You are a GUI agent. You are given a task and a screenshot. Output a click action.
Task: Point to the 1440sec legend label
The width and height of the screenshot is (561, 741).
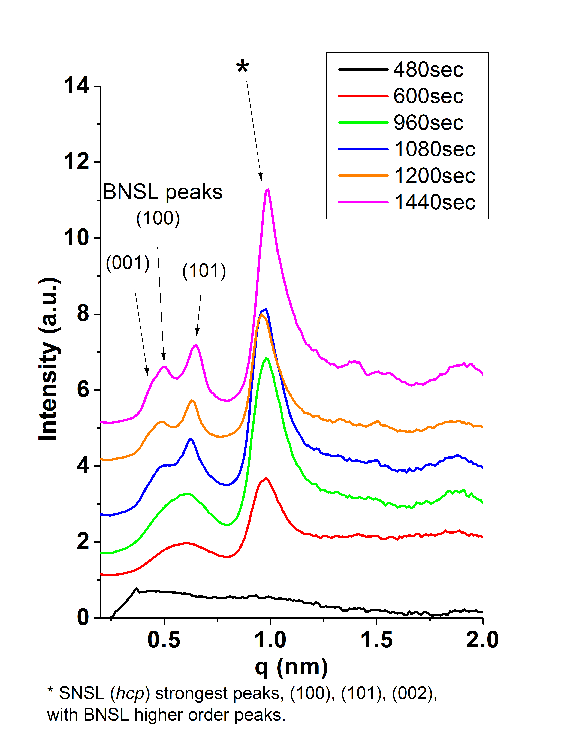435,202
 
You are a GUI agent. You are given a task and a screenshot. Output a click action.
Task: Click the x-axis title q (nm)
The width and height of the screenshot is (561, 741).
291,667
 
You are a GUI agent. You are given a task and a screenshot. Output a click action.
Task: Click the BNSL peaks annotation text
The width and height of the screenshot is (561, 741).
163,192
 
